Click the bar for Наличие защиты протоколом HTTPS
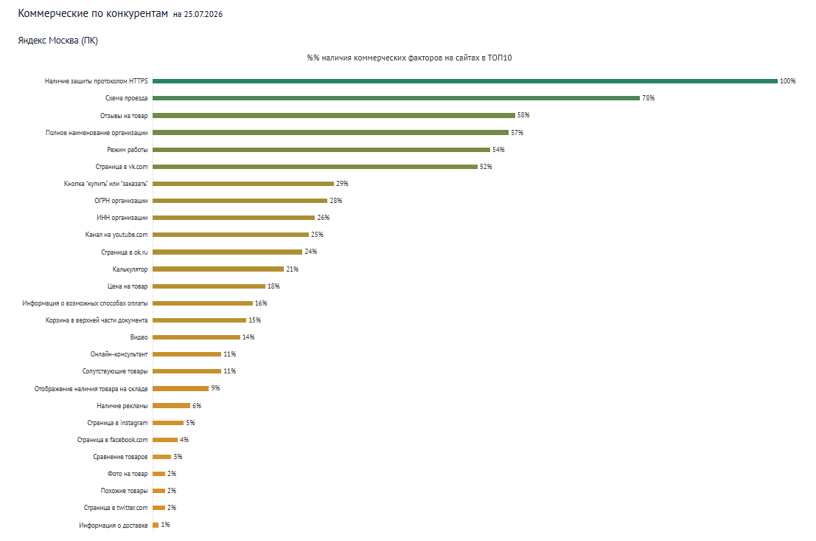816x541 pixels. [x=464, y=80]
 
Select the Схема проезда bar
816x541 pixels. [x=396, y=98]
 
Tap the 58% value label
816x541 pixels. [x=523, y=115]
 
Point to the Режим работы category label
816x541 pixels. [x=128, y=150]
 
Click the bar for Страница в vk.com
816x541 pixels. [x=315, y=167]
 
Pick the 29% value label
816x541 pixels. [x=342, y=184]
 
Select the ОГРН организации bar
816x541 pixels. [x=240, y=201]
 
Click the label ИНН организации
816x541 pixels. [x=122, y=218]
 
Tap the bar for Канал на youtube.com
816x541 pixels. [x=231, y=235]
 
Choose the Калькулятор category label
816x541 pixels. [x=130, y=269]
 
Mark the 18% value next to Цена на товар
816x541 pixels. [x=273, y=286]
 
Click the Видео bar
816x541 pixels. [x=196, y=337]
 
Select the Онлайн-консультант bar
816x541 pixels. [x=186, y=354]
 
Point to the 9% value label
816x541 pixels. [x=215, y=388]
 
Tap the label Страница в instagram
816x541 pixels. [x=118, y=423]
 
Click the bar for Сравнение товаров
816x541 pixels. [x=162, y=457]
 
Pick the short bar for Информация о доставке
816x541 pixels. [x=156, y=525]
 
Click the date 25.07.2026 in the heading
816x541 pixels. [x=203, y=15]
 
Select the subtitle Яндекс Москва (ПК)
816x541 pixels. [x=57, y=41]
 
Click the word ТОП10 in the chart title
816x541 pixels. [x=500, y=58]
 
